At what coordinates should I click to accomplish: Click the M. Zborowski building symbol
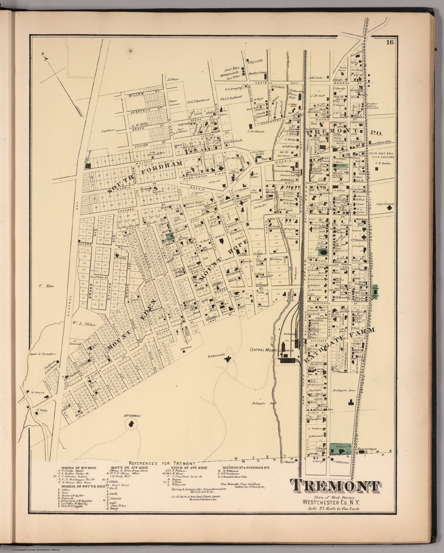pyautogui.click(x=228, y=358)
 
